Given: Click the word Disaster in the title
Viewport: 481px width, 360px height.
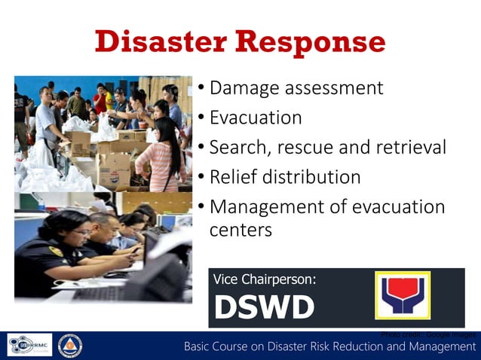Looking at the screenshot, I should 161,41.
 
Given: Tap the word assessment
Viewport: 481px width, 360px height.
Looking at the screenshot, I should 336,88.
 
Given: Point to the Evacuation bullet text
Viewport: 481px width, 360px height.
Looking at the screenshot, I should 256,118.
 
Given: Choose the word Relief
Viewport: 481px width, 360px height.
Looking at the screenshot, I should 233,178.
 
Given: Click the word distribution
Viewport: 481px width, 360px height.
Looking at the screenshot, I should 312,178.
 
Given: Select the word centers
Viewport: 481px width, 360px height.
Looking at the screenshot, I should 240,230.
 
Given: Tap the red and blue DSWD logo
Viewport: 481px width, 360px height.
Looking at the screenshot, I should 403,295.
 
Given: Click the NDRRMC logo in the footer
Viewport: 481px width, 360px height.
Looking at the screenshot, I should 30,345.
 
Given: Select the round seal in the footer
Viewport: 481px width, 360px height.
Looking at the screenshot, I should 71,345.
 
